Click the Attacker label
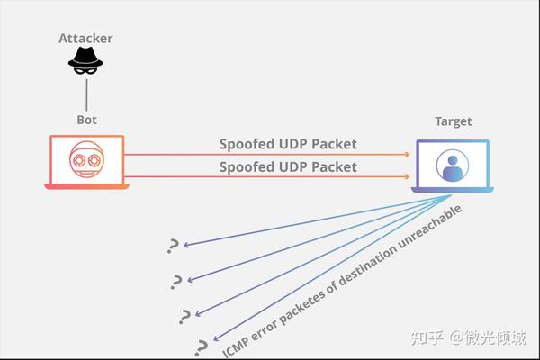click(85, 38)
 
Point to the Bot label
click(86, 120)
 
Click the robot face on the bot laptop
click(86, 159)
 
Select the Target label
click(454, 121)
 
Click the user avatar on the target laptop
click(453, 166)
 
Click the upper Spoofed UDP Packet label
click(288, 144)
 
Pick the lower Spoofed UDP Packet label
click(288, 167)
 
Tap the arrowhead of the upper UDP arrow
click(407, 155)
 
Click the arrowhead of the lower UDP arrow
click(407, 176)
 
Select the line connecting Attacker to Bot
click(86, 95)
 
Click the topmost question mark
click(173, 246)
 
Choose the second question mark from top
click(176, 282)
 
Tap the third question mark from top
click(184, 317)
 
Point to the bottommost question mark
click(201, 348)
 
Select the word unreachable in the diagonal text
click(429, 228)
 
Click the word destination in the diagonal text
click(367, 265)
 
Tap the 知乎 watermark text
click(427, 337)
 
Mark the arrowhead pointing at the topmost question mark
click(187, 245)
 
